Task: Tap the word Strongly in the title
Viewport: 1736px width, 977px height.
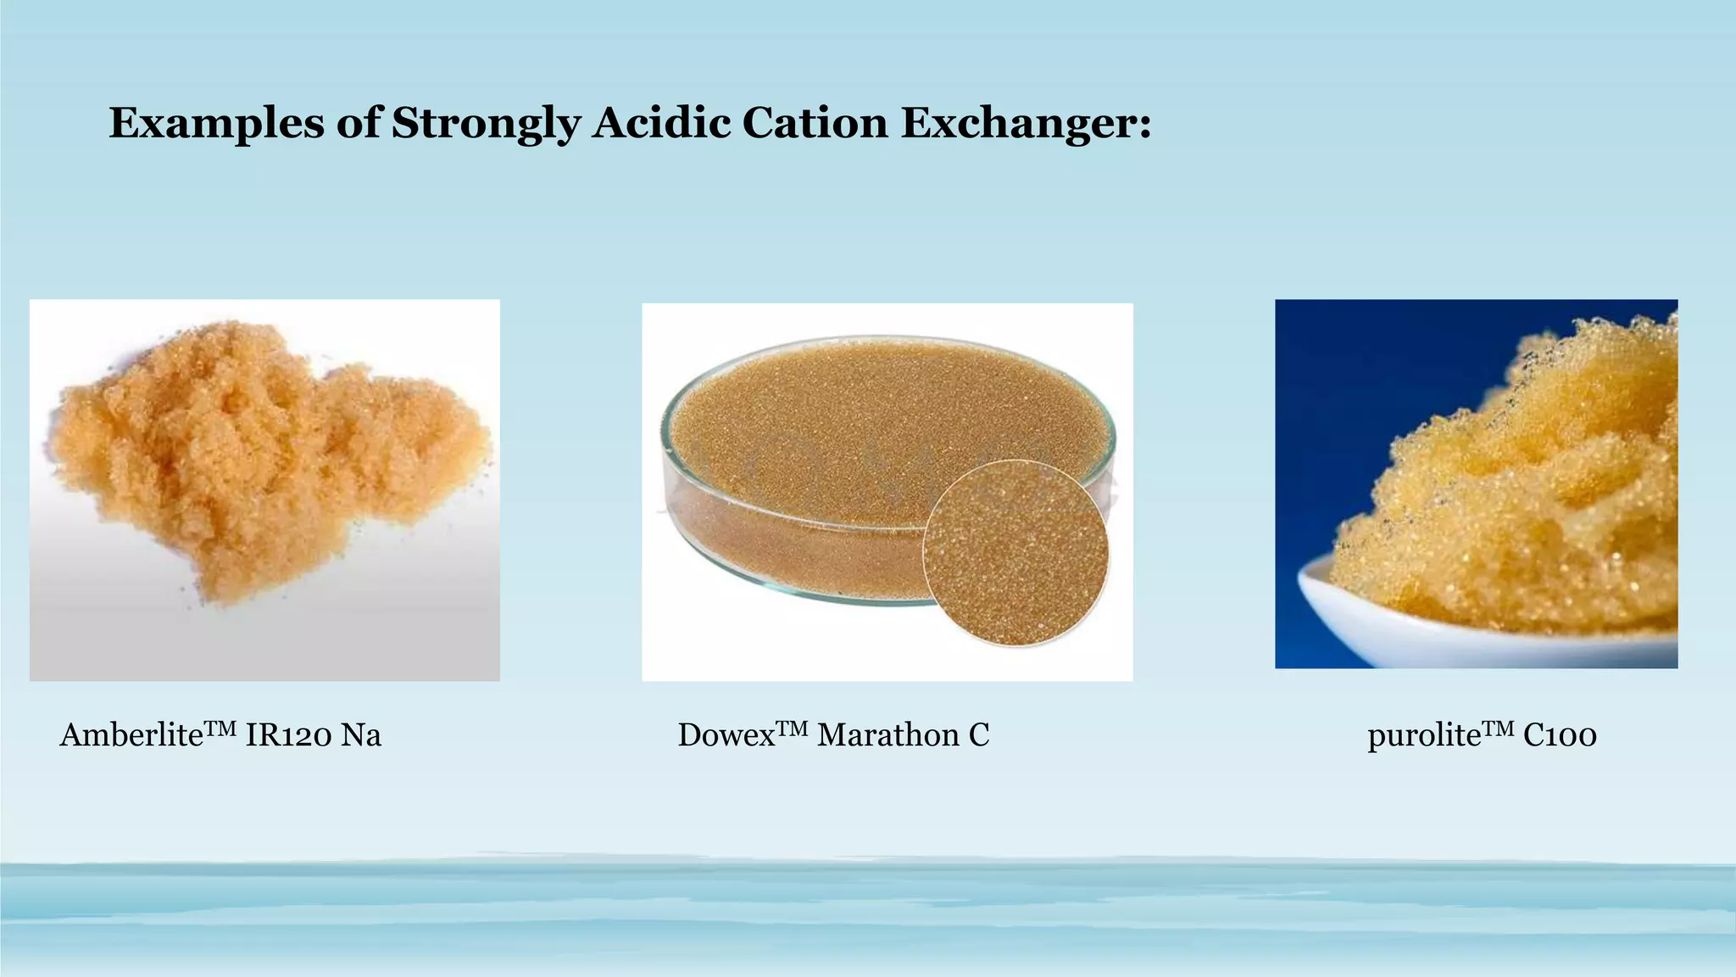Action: [486, 123]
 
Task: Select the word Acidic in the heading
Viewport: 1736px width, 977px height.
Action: [661, 123]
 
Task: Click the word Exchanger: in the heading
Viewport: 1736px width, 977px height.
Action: [1026, 123]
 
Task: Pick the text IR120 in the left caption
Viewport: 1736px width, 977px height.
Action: [287, 735]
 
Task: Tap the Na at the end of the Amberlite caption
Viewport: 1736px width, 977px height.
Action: [361, 735]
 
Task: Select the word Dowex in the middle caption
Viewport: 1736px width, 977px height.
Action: [726, 735]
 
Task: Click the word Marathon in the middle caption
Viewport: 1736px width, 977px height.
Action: [887, 735]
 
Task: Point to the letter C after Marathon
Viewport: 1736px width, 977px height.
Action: [979, 735]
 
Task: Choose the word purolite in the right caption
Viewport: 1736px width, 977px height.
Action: [1423, 735]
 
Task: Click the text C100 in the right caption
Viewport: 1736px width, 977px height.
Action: [1560, 735]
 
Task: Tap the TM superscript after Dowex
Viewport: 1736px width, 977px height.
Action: [793, 727]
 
